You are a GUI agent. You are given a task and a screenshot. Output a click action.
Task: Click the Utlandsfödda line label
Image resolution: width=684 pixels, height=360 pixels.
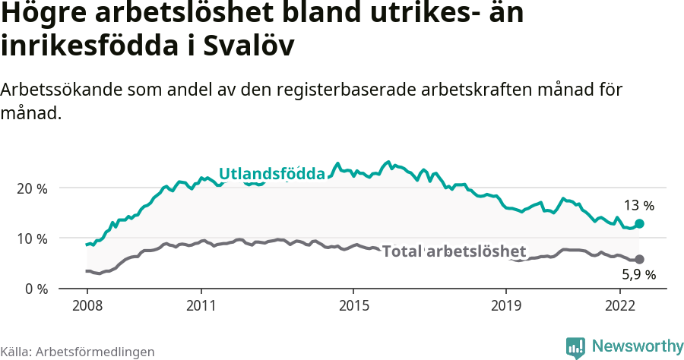tap(272, 174)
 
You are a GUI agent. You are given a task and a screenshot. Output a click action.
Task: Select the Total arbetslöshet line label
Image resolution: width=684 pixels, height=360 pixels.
tap(454, 251)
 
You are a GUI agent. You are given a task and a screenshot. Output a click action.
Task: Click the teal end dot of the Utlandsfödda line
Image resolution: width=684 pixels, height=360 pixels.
tap(639, 223)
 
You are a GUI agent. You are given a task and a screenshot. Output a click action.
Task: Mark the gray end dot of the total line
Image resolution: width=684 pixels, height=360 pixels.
tap(639, 259)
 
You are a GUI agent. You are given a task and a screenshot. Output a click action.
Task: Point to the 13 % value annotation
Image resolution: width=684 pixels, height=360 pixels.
tap(638, 205)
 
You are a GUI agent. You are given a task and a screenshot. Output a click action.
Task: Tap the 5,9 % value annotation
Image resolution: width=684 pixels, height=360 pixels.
tap(638, 274)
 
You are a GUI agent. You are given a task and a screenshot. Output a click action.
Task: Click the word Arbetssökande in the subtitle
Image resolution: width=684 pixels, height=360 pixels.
tap(55, 89)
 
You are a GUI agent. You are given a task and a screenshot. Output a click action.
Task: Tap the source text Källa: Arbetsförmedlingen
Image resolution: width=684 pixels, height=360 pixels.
tap(78, 352)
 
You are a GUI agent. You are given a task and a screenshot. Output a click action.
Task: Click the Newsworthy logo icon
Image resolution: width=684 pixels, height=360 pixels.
tap(575, 347)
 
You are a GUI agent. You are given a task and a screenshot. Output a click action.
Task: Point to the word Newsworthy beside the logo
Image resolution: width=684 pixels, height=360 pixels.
tap(637, 346)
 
